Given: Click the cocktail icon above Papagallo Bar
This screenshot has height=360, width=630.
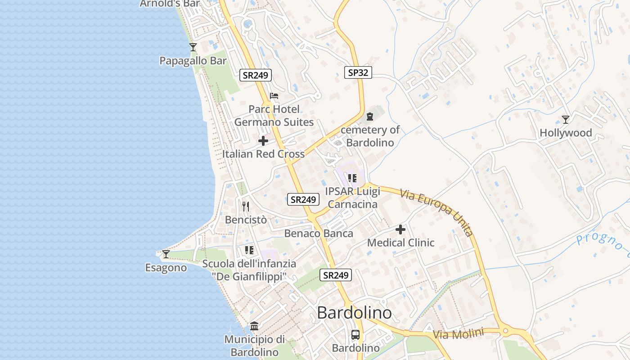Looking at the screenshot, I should [x=193, y=47].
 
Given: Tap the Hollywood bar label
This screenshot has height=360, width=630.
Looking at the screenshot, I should [x=566, y=133].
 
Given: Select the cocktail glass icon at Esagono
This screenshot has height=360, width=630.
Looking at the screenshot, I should [x=166, y=254].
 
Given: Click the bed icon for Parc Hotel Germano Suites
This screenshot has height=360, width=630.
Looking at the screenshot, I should [x=274, y=96].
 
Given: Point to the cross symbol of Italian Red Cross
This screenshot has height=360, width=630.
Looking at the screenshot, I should [x=263, y=141].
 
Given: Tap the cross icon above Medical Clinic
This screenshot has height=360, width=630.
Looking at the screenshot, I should [x=400, y=230].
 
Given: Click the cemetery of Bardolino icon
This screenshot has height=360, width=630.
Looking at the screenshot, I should [x=370, y=117].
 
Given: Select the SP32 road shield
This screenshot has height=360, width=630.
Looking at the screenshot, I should [x=358, y=72].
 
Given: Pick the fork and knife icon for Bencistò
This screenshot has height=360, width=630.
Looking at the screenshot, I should [x=246, y=207].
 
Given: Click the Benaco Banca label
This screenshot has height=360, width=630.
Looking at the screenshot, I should [x=319, y=234].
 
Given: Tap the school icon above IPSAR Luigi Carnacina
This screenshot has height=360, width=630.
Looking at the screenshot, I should [x=352, y=178].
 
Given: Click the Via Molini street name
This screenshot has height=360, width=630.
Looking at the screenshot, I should [x=458, y=334].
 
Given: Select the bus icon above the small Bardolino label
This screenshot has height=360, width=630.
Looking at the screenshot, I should [x=355, y=335].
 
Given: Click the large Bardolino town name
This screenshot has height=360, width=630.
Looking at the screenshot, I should [x=354, y=313].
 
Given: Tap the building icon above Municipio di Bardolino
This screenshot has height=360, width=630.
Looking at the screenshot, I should [x=254, y=326].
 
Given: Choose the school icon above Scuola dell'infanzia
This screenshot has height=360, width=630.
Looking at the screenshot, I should [x=249, y=250].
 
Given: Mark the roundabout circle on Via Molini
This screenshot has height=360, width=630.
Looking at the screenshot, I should [x=505, y=331].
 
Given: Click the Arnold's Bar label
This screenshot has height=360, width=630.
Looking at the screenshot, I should [x=170, y=4].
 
